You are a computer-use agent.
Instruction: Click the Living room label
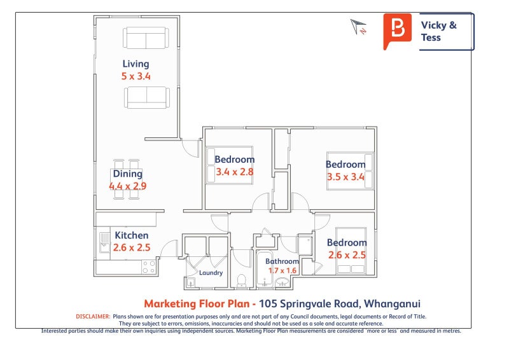136,64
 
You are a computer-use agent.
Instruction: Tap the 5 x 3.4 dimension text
136,76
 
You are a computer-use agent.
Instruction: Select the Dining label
128,174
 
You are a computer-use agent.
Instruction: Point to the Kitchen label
132,235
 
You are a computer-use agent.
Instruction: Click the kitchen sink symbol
104,242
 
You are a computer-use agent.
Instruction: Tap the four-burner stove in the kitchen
149,267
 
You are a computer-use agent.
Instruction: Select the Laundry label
211,273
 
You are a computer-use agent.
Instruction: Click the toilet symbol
242,280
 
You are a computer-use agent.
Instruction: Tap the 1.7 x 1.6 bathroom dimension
282,270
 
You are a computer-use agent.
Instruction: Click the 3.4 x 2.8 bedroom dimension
235,172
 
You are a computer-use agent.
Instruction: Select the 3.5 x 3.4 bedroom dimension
345,177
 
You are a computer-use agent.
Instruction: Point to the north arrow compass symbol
358,27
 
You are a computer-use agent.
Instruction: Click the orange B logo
397,31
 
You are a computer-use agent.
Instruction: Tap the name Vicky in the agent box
434,25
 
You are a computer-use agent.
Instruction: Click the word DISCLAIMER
93,317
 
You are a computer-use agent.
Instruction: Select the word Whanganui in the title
392,304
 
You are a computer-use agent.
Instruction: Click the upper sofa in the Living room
146,38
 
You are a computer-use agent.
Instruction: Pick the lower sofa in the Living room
147,97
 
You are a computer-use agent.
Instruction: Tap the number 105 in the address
268,304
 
